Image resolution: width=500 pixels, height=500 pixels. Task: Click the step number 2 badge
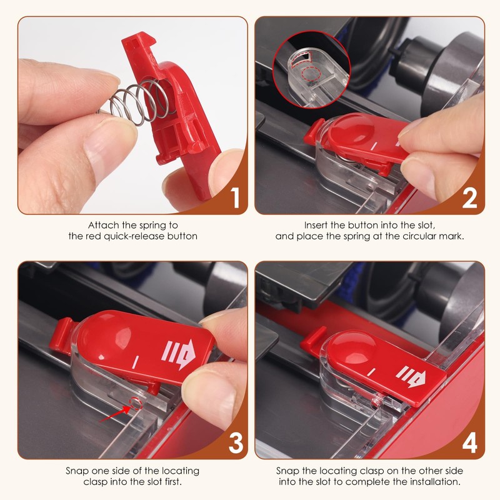469,198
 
